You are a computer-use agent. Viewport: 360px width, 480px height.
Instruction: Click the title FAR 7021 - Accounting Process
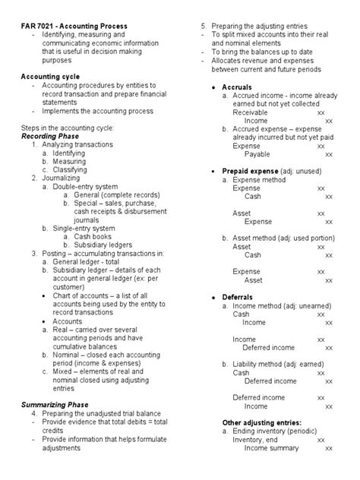[x=74, y=27]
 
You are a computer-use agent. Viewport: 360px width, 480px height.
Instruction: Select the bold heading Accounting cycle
[x=52, y=77]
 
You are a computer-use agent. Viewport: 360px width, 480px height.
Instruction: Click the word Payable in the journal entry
[x=258, y=153]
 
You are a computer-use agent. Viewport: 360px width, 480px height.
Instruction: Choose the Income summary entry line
[x=271, y=448]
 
